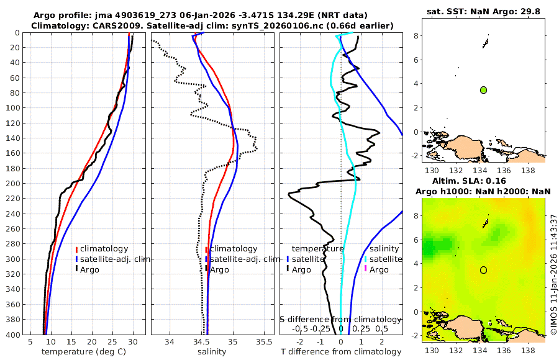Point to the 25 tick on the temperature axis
tap(112, 342)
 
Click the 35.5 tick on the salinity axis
tap(264, 342)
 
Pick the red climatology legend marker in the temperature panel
tap(76, 249)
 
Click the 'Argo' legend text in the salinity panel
tap(220, 269)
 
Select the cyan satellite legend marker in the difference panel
tap(366, 259)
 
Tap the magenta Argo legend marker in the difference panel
tap(366, 269)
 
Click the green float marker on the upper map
tap(483, 90)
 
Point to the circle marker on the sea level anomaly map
tap(483, 270)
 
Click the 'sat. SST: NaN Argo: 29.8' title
tap(484, 12)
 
